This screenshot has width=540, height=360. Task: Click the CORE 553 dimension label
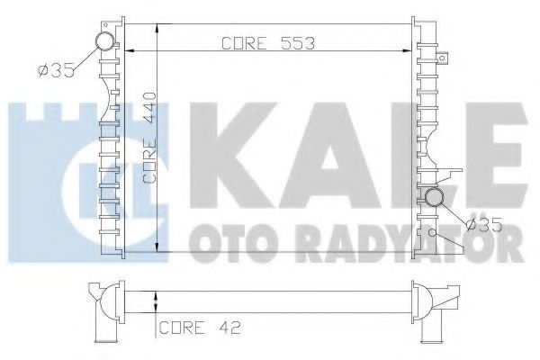pos(268,43)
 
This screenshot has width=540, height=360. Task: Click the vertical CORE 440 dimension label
pos(150,138)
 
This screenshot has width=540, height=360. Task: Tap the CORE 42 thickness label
pos(200,328)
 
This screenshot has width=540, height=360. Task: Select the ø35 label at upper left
pos(56,70)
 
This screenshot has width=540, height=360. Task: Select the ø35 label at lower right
pos(484,225)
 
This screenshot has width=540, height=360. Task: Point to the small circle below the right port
pos(432,233)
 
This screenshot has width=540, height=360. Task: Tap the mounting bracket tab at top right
pos(443,58)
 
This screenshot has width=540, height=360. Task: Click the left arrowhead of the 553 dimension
pos(129,51)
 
